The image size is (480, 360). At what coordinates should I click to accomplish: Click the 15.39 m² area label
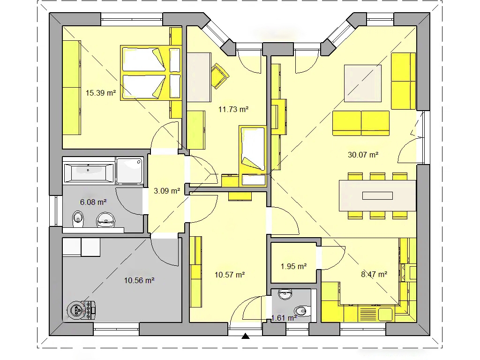coord(101,93)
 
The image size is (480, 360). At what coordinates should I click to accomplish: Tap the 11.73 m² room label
coord(233,109)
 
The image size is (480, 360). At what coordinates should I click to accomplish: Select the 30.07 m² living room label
coord(363,155)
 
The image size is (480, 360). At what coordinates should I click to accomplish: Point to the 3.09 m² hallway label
coord(166,191)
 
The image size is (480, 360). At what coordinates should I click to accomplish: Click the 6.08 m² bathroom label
coord(93,202)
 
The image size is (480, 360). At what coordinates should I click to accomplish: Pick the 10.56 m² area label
coord(139,280)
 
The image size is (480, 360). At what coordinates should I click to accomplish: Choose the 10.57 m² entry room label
coord(230,275)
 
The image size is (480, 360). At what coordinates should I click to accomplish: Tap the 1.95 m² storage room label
coord(293,266)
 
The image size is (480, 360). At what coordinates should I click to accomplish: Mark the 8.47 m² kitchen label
coord(374,274)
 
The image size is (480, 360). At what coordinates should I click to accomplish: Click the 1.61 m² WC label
coord(284,318)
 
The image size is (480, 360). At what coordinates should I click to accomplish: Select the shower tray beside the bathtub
coord(130,171)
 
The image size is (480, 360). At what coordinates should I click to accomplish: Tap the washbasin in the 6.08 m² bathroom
coord(106,220)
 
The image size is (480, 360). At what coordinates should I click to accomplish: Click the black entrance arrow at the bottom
coord(246,336)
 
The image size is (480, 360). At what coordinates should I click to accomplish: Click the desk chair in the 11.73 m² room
coord(220,75)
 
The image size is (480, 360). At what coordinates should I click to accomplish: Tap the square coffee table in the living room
coord(363,83)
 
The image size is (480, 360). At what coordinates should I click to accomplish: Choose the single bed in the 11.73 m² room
coord(253,156)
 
